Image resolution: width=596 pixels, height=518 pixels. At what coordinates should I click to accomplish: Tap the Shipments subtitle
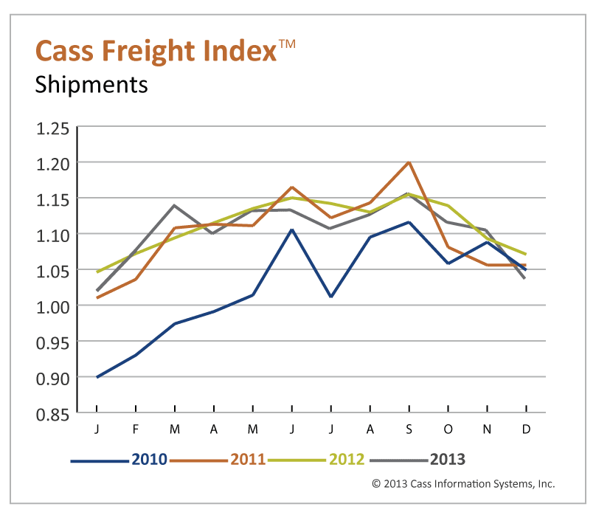(x=91, y=84)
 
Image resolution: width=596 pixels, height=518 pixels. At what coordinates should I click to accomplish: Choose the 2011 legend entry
(x=247, y=459)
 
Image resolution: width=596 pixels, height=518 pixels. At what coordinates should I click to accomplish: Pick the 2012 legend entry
(x=347, y=459)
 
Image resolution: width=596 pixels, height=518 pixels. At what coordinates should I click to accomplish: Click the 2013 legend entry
(x=447, y=459)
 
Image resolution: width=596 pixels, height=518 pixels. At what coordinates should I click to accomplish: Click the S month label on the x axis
(x=409, y=429)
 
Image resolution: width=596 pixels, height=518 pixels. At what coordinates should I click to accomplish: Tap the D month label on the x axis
(x=526, y=429)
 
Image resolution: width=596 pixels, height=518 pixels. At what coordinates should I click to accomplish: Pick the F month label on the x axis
(x=136, y=429)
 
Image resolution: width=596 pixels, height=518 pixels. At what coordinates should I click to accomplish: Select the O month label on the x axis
(x=448, y=429)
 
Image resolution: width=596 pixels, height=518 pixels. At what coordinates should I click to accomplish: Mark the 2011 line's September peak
(x=409, y=162)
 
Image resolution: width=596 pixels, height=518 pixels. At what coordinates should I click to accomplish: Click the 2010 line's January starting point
(x=97, y=376)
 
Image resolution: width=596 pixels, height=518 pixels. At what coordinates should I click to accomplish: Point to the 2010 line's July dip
(x=330, y=297)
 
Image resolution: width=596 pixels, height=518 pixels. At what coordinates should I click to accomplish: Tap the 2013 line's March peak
(x=174, y=205)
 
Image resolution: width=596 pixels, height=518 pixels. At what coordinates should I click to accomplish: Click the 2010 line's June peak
(x=291, y=229)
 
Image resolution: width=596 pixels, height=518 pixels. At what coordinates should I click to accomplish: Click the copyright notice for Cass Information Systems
(x=462, y=484)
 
